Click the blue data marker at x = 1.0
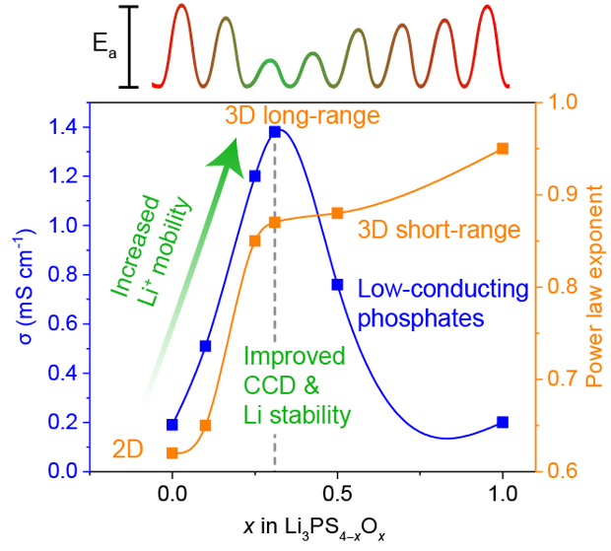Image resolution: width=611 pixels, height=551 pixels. (x=503, y=422)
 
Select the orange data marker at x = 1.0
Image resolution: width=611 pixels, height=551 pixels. (x=503, y=149)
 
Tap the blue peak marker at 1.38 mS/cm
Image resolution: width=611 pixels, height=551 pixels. (x=275, y=131)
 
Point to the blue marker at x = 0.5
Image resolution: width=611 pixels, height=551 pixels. (x=337, y=284)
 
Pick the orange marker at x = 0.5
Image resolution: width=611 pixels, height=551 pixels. (x=337, y=213)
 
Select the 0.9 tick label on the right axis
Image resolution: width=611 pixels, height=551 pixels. (x=563, y=194)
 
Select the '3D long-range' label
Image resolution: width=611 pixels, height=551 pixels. (x=302, y=116)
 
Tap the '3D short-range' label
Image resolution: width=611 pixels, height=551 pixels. (x=439, y=231)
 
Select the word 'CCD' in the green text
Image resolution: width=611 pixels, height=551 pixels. (x=268, y=385)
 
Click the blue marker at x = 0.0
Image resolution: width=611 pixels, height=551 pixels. (x=172, y=425)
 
